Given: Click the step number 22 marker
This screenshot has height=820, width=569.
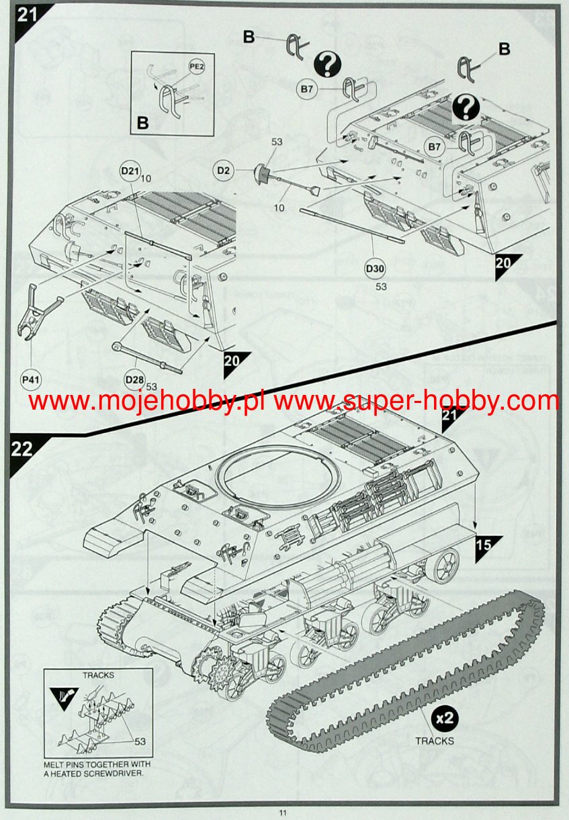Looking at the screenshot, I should point(21,449).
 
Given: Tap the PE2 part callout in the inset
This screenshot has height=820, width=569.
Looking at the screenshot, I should point(196,67).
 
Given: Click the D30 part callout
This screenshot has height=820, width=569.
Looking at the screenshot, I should point(376,269).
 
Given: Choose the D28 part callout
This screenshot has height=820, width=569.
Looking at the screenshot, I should point(134,379).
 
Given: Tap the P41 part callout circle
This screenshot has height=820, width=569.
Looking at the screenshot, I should point(31,380).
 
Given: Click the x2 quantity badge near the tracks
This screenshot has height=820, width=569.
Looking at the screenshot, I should point(445,718).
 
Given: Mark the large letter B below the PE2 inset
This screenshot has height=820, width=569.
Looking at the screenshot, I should point(142,123).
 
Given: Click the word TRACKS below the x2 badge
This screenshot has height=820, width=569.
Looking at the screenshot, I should point(434,741).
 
